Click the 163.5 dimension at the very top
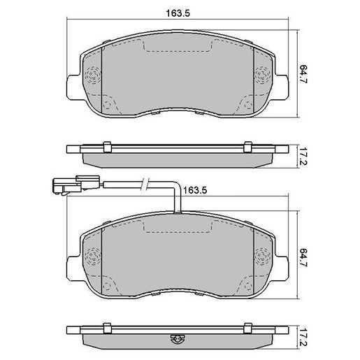click(x=178, y=13)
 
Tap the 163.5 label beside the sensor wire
click(x=195, y=190)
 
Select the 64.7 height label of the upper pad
click(x=303, y=74)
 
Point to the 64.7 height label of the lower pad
click(x=303, y=257)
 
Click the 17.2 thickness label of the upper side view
click(x=303, y=156)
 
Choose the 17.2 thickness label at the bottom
click(x=303, y=338)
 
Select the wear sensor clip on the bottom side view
click(x=178, y=338)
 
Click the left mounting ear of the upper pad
click(x=73, y=87)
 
